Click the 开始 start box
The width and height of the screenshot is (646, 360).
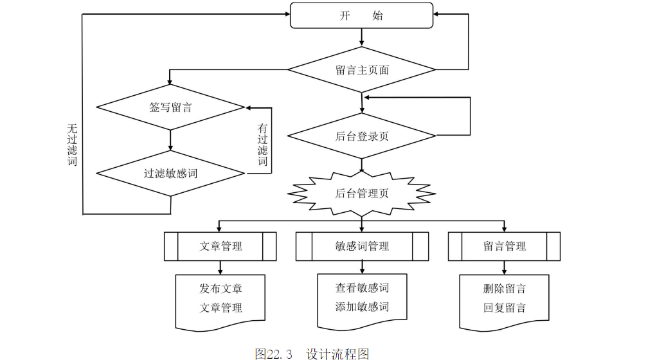pos(362,15)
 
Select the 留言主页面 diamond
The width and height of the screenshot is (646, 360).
pos(362,69)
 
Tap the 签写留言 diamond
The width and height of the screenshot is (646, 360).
pos(170,107)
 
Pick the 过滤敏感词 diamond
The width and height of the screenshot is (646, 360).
pos(170,173)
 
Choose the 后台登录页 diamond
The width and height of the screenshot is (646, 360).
pos(362,136)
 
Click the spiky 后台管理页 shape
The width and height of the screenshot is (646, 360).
pos(362,193)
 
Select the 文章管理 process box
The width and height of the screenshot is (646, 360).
pos(220,246)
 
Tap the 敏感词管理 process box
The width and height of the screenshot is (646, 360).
pos(362,246)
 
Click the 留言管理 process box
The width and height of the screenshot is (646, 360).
pos(504,246)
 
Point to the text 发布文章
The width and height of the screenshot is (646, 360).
pos(220,288)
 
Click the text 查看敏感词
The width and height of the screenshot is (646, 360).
pos(362,287)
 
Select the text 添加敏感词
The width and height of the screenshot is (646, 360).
pos(362,307)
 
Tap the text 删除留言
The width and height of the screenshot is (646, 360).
pos(504,288)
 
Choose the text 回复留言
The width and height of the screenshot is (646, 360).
pos(504,307)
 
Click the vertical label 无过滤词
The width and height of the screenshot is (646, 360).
pos(72,145)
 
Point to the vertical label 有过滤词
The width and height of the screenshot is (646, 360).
pos(262,145)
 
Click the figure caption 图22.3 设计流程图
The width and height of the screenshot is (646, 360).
pos(312,354)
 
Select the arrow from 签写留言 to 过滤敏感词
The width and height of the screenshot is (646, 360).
pos(170,139)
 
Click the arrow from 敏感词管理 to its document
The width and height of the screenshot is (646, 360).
pos(362,267)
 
